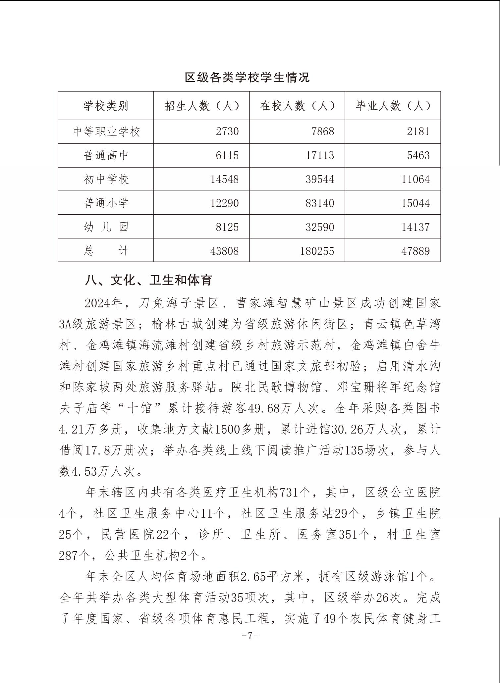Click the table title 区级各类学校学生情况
tap(247, 77)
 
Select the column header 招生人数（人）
tap(201, 106)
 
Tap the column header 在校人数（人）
tap(297, 106)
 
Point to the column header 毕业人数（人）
tap(393, 106)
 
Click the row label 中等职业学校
tap(106, 132)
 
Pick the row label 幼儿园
tap(106, 227)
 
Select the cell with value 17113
tap(320, 155)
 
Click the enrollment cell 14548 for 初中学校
tap(225, 179)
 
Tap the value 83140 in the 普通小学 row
tap(320, 203)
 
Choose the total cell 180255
tap(317, 251)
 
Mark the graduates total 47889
tap(416, 251)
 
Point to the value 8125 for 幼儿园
tap(227, 227)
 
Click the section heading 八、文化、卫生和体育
tap(148, 280)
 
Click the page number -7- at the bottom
tap(250, 645)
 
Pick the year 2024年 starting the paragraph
tap(104, 303)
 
